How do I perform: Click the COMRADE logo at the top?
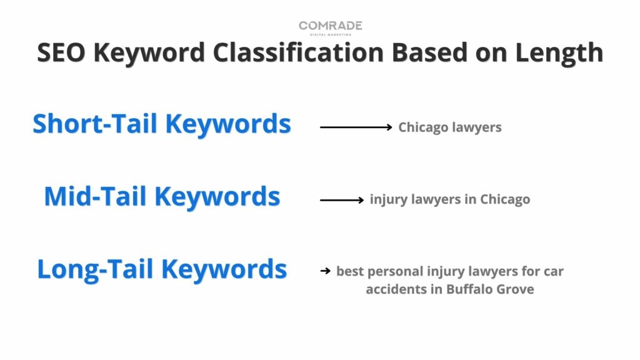pyautogui.click(x=330, y=27)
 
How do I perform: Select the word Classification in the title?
pyautogui.click(x=298, y=52)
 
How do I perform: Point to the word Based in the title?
pyautogui.click(x=430, y=52)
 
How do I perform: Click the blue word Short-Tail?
pyautogui.click(x=95, y=124)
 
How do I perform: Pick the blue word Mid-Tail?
pyautogui.click(x=95, y=196)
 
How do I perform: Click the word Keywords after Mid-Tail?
pyautogui.click(x=217, y=197)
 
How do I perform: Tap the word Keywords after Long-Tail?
pyautogui.click(x=224, y=270)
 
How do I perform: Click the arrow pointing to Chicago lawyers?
pyautogui.click(x=356, y=127)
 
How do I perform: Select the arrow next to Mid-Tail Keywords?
pyautogui.click(x=342, y=200)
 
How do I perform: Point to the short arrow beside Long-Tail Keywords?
pyautogui.click(x=325, y=271)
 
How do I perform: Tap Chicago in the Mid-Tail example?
pyautogui.click(x=505, y=199)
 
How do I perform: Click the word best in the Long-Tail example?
pyautogui.click(x=350, y=271)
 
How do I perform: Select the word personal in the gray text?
pyautogui.click(x=395, y=272)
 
